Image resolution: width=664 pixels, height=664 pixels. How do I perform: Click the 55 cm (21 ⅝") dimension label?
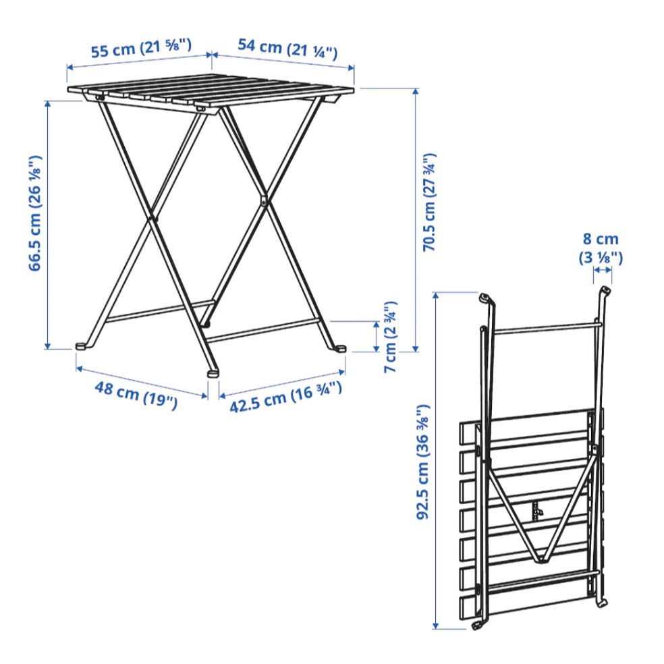click(142, 49)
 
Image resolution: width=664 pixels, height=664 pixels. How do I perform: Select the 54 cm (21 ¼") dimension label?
click(287, 49)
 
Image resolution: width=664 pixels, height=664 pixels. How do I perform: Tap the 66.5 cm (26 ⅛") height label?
click(35, 213)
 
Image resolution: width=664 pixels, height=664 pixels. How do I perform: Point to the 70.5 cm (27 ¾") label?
click(429, 202)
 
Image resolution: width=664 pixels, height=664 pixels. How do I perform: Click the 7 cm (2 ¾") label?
click(390, 337)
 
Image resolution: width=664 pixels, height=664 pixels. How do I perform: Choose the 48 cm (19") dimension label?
click(136, 395)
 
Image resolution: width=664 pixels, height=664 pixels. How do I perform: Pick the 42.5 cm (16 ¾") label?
click(285, 397)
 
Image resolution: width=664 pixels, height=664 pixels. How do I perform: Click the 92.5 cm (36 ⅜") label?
click(423, 462)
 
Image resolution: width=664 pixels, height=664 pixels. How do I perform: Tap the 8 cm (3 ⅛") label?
click(601, 248)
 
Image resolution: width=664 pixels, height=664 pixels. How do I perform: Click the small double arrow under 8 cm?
click(602, 270)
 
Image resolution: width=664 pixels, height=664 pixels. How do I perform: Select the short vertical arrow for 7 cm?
click(376, 336)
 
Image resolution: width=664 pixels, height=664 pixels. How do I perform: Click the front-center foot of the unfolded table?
click(213, 374)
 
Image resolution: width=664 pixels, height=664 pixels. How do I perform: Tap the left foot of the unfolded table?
click(82, 346)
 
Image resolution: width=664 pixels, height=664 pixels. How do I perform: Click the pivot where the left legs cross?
click(150, 219)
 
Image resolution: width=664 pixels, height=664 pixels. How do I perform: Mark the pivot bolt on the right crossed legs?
click(263, 200)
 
